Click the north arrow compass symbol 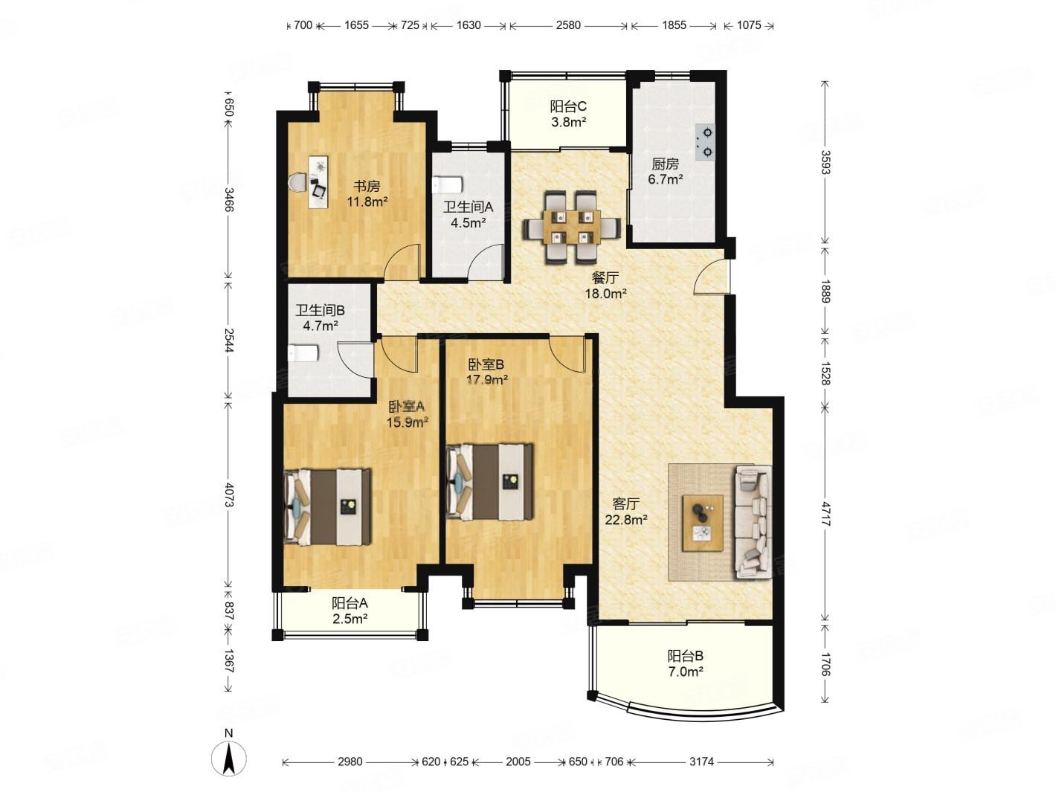coord(229,757)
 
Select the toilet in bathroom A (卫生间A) coord(448,184)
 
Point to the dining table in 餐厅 coord(572,227)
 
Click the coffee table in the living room coord(703,524)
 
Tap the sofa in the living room coord(753,522)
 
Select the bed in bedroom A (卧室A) coord(328,507)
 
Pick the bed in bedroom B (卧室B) coord(490,482)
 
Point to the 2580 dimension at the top coord(568,25)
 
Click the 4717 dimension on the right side coord(825,514)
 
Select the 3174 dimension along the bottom coord(701,762)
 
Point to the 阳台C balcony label coord(568,106)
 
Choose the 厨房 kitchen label coord(666,164)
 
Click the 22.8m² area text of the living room coord(625,519)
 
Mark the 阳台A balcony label coord(350,602)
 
